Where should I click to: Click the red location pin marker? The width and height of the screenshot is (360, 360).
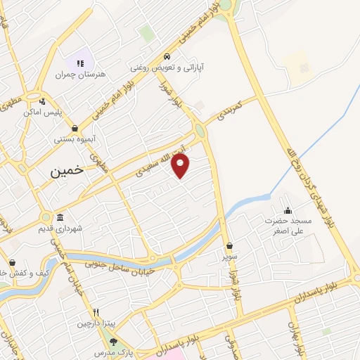point(181,166)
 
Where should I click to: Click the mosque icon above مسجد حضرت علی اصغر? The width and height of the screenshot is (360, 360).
point(288,210)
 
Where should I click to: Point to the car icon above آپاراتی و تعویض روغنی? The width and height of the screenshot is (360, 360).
point(166,56)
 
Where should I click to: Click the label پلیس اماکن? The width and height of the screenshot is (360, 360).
point(43,112)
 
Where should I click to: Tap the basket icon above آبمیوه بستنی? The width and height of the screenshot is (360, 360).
point(75,128)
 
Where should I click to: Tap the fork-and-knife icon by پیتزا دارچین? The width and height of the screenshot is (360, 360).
point(96,312)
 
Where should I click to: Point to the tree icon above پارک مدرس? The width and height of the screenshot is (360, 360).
point(115,341)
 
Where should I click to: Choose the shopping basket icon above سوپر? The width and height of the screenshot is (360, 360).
point(230,246)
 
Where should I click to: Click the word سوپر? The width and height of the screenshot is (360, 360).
point(230,257)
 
